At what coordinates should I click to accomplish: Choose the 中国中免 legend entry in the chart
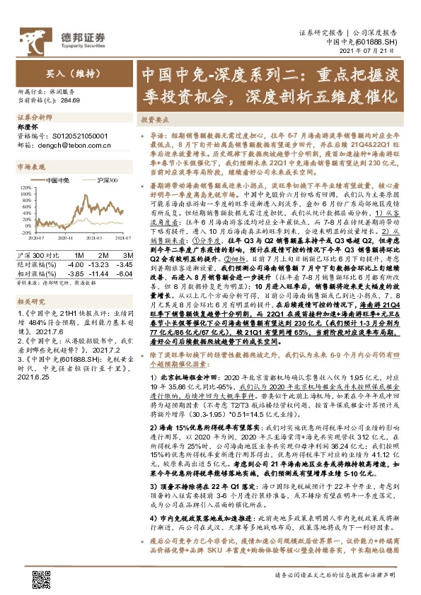click(x=56, y=180)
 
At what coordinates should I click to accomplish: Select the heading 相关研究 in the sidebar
click(x=29, y=282)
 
